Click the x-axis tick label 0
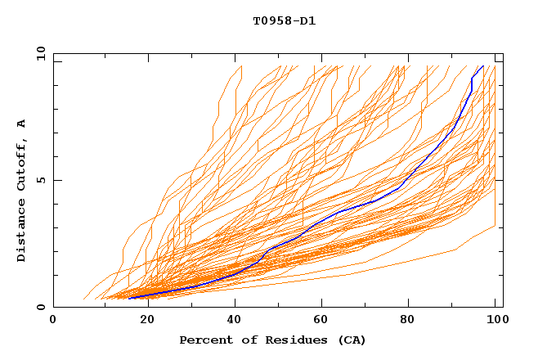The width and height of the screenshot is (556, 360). tap(53, 320)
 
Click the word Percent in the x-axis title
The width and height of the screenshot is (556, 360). tap(204, 340)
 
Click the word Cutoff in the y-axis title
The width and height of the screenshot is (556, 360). tap(21, 166)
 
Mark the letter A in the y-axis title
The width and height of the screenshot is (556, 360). tap(21, 124)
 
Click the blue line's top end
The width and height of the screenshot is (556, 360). tap(483, 66)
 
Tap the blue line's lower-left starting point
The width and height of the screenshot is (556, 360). tap(128, 299)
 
